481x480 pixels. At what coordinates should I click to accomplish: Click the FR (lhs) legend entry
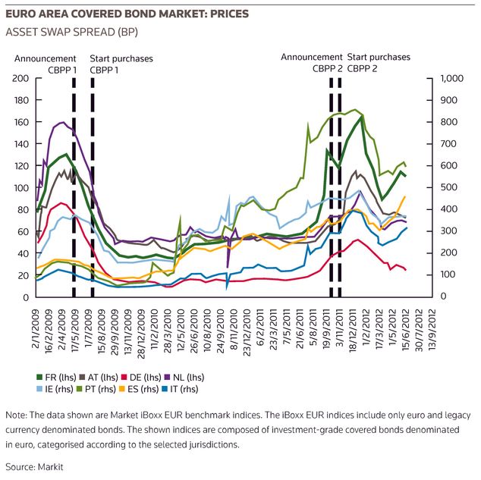tap(56, 378)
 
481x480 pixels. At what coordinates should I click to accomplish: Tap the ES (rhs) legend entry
tap(139, 389)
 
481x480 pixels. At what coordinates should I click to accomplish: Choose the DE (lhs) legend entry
tap(141, 378)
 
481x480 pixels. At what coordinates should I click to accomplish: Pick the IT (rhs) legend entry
tap(180, 389)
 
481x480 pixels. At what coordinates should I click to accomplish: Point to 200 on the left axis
tap(20, 78)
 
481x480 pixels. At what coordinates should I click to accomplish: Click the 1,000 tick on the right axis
tap(452, 78)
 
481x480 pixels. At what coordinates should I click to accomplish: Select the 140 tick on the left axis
tap(21, 144)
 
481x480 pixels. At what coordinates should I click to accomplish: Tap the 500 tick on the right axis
tap(449, 187)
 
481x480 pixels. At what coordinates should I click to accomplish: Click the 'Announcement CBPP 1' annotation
tap(46, 64)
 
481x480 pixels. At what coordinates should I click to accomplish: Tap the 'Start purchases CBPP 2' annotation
tap(379, 63)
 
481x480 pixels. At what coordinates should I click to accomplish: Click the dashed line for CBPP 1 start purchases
tap(93, 187)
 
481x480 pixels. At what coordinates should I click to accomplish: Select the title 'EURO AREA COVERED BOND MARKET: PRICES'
tap(127, 14)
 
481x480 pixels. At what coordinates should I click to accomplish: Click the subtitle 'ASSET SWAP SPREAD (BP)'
tap(72, 32)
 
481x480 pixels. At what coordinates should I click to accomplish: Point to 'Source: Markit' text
tap(34, 467)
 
